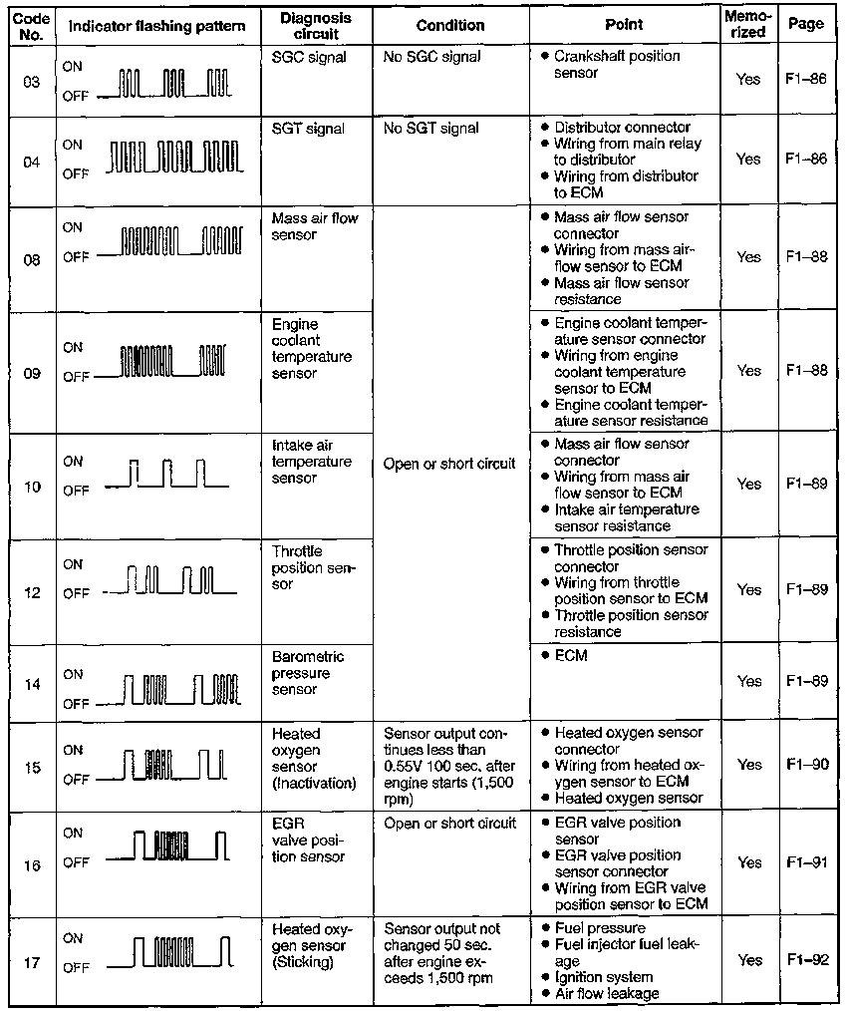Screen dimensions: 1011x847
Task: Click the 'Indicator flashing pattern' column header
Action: (156, 25)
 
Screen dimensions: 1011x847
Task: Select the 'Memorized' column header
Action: (747, 25)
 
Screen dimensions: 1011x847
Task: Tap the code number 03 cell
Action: (31, 82)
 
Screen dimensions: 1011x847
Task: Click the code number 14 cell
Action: (31, 685)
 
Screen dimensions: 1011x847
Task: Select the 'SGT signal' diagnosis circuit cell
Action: (308, 129)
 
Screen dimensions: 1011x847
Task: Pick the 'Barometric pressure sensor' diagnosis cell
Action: (308, 673)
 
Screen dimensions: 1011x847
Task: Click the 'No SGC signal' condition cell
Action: (431, 57)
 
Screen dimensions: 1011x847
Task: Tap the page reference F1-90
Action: (806, 765)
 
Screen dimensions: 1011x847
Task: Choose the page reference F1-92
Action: (806, 960)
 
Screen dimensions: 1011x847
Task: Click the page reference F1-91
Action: (806, 863)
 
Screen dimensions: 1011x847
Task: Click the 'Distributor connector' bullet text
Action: (622, 128)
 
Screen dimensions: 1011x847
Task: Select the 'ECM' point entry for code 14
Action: (571, 656)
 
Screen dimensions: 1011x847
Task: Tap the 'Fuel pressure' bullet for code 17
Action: (599, 928)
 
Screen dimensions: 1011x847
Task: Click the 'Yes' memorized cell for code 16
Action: (748, 863)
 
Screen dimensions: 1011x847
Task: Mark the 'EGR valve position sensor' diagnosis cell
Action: (308, 840)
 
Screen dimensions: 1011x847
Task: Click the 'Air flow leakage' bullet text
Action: (606, 993)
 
